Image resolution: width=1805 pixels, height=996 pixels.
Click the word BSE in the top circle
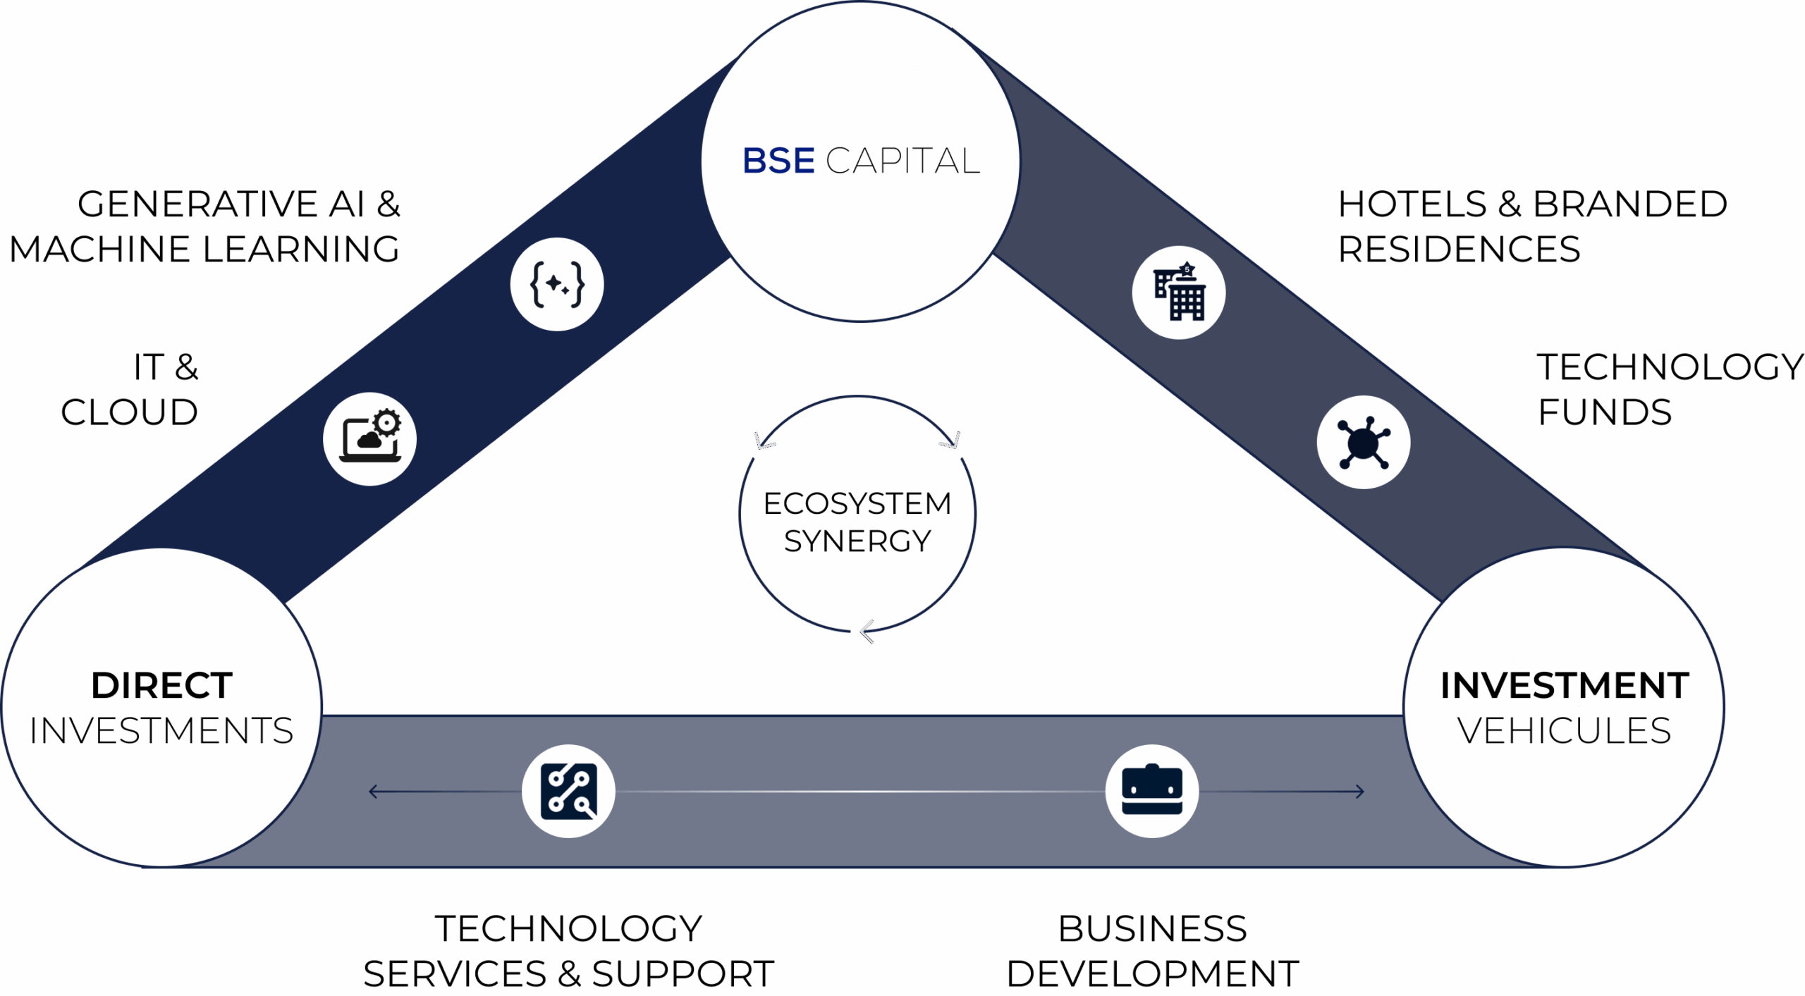pyautogui.click(x=778, y=161)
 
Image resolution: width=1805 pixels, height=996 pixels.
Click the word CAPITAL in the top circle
pyautogui.click(x=903, y=161)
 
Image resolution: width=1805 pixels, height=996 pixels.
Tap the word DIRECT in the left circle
pyautogui.click(x=161, y=685)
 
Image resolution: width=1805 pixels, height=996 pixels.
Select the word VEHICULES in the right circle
pyautogui.click(x=1564, y=730)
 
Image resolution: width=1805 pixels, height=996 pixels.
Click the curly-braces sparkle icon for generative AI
pyautogui.click(x=557, y=284)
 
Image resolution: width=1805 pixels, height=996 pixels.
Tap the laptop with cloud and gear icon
pyautogui.click(x=370, y=438)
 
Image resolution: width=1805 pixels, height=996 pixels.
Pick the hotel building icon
pyautogui.click(x=1179, y=293)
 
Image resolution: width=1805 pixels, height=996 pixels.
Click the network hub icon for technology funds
pyautogui.click(x=1364, y=442)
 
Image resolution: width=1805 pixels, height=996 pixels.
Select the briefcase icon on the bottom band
pyautogui.click(x=1152, y=791)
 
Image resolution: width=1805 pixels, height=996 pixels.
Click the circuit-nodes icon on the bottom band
pyautogui.click(x=568, y=791)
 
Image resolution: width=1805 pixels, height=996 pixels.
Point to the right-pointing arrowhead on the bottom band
pyautogui.click(x=1360, y=792)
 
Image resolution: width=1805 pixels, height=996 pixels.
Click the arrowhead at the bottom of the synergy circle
pyautogui.click(x=867, y=632)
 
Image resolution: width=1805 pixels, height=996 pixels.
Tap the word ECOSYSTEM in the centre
pyautogui.click(x=857, y=503)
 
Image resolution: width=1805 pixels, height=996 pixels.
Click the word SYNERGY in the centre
pyautogui.click(x=857, y=541)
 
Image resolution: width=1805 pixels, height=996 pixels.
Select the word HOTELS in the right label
pyautogui.click(x=1412, y=204)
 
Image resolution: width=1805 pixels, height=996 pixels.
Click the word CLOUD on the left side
pyautogui.click(x=129, y=412)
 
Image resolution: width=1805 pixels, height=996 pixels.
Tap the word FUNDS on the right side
pyautogui.click(x=1605, y=412)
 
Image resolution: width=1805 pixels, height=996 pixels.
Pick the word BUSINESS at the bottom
pyautogui.click(x=1153, y=928)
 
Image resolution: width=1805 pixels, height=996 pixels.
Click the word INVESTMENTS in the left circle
pyautogui.click(x=161, y=730)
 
